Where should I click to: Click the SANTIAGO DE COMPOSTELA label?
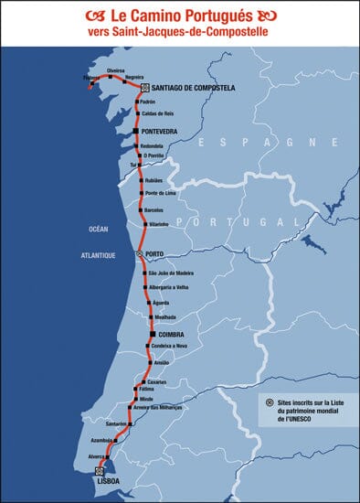[x=193, y=87]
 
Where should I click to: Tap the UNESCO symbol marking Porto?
[x=140, y=255]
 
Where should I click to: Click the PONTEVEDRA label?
[x=162, y=132]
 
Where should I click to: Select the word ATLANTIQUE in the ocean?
[x=98, y=257]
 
